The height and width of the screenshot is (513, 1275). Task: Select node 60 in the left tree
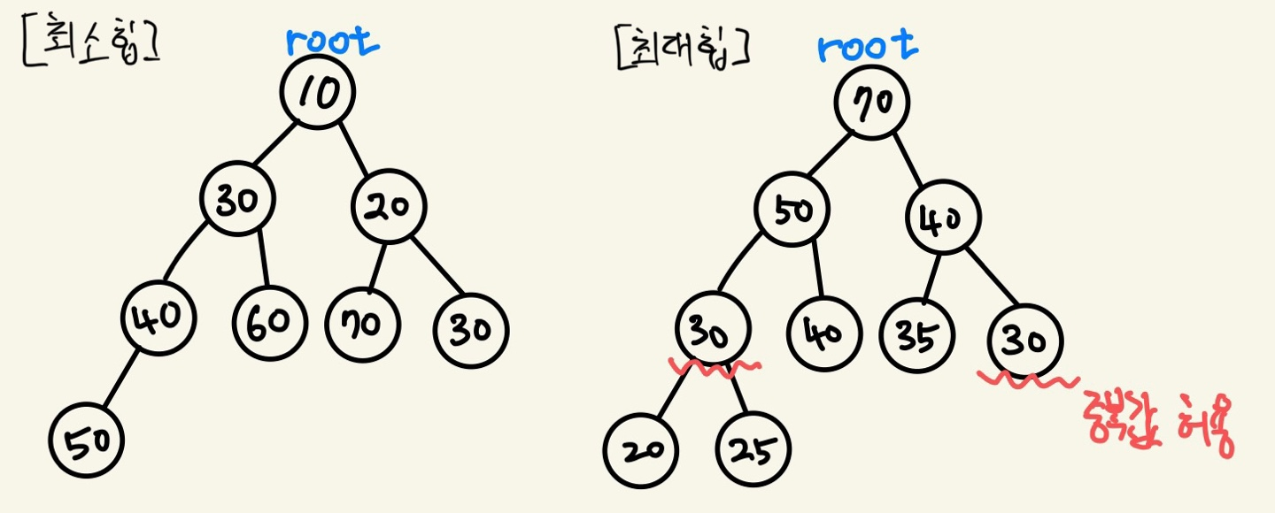pyautogui.click(x=270, y=322)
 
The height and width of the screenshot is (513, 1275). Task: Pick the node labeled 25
pyautogui.click(x=753, y=448)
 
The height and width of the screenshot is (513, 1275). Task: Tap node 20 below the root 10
pyautogui.click(x=389, y=207)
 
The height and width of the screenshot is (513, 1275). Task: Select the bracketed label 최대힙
pyautogui.click(x=682, y=50)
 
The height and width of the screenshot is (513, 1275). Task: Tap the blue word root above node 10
pyautogui.click(x=333, y=42)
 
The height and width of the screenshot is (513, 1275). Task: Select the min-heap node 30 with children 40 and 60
pyautogui.click(x=236, y=203)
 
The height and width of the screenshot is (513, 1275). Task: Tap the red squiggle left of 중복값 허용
pyautogui.click(x=1027, y=382)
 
